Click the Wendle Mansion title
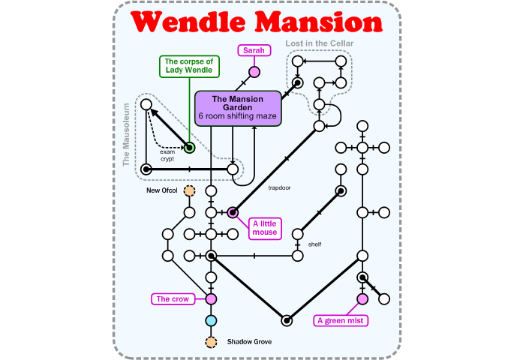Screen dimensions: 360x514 pos(257,22)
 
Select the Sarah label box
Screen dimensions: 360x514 pos(254,50)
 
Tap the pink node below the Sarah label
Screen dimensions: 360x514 pos(254,72)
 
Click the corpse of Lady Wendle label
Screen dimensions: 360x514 pos(190,66)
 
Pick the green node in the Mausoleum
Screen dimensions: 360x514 pos(190,148)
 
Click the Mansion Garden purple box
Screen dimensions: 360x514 pos(238,108)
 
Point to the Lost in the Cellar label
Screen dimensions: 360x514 pos(320,43)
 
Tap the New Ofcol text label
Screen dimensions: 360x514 pos(161,191)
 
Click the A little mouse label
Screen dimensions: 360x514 pos(265,227)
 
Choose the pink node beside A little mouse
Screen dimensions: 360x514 pos(233,212)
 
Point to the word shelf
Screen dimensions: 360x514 pos(314,244)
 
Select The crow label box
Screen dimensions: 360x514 pos(172,299)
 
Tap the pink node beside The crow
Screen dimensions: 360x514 pos(211,299)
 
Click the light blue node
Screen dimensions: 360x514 pos(211,321)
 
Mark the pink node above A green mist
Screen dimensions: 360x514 pos(362,299)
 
